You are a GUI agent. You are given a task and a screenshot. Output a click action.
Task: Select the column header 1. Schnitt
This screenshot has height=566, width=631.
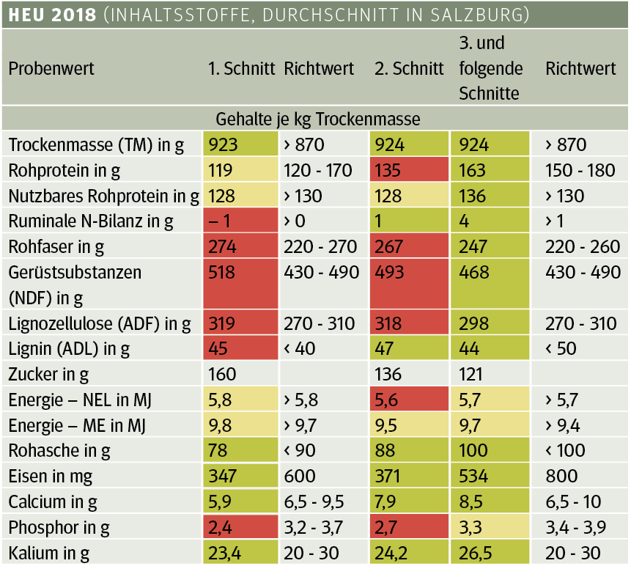click(x=241, y=69)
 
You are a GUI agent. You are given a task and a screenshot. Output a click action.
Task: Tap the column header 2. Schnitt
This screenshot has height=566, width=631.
click(x=409, y=69)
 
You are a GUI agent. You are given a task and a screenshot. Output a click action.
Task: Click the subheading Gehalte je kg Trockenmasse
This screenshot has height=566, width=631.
click(x=317, y=118)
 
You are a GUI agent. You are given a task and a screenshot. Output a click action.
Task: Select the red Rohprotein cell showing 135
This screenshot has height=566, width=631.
click(x=389, y=171)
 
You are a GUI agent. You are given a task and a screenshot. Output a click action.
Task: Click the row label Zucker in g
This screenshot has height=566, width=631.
click(x=48, y=375)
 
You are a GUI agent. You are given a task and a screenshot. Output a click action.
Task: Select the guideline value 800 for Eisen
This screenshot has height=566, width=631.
click(x=563, y=477)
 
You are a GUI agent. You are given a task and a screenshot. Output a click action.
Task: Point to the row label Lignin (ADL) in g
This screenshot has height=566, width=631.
click(x=68, y=349)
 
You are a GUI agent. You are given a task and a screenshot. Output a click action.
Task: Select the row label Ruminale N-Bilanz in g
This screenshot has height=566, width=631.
click(x=90, y=221)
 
